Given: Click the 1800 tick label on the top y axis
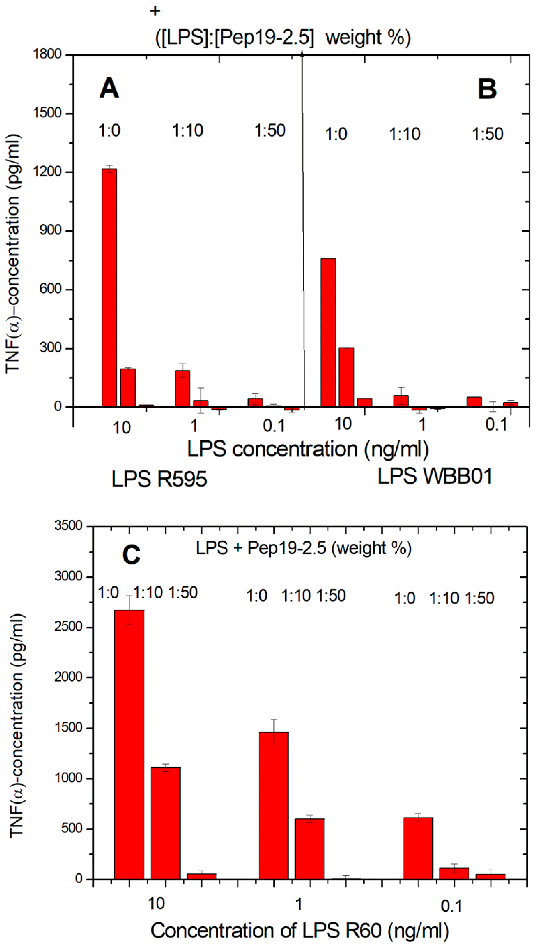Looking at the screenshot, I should click(47, 55).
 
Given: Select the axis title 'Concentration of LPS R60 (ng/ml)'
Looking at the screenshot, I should click(300, 928).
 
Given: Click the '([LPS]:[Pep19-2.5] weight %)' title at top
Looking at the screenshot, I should click(283, 38).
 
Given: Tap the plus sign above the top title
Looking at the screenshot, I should click(155, 11).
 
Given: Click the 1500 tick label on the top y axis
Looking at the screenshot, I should click(47, 113).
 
